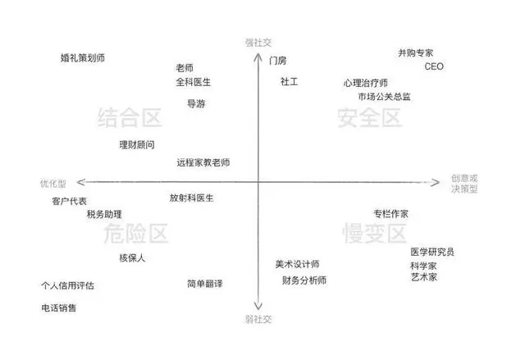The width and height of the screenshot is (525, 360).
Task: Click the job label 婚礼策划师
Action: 83,58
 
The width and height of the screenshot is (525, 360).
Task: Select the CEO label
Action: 434,66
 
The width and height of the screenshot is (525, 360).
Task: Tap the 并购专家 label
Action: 416,52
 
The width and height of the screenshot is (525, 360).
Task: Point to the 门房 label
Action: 277,61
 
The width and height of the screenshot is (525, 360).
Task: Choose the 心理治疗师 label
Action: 365,83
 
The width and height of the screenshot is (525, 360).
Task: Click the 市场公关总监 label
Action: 384,97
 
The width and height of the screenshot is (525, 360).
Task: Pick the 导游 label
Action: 196,103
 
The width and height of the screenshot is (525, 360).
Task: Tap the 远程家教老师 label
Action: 203,162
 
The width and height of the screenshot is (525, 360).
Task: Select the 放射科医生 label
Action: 191,198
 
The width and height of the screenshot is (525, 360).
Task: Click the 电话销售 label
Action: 59,308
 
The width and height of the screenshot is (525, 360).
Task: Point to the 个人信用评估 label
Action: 67,285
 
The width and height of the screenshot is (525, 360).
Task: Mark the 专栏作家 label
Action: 391,214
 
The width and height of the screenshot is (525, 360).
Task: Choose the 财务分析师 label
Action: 304,280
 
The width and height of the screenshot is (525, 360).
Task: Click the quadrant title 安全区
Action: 369,118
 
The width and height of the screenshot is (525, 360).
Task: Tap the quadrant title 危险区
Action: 135,234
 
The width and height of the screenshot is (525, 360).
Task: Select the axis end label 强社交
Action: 258,43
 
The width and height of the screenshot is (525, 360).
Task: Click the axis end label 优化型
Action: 52,184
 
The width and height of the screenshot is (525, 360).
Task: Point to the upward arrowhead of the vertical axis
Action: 258,54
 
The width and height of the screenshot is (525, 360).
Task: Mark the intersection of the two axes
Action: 258,182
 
